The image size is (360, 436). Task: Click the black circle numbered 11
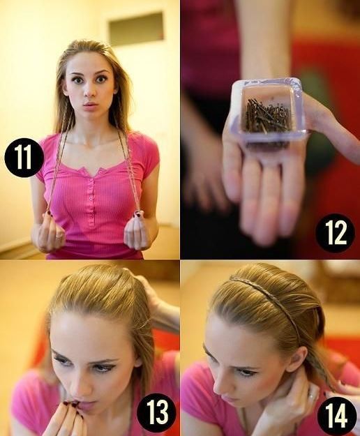pyautogui.click(x=24, y=158)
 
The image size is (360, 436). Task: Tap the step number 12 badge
pyautogui.click(x=335, y=233)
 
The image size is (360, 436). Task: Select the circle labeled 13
pyautogui.click(x=156, y=412)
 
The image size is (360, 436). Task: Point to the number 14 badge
pyautogui.click(x=336, y=415)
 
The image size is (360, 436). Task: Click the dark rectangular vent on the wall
pyautogui.click(x=135, y=25)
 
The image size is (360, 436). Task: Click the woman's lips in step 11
pyautogui.click(x=90, y=105)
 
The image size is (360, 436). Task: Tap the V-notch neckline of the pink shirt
pyautogui.click(x=96, y=172)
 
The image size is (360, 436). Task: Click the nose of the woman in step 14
pyautogui.click(x=220, y=382)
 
